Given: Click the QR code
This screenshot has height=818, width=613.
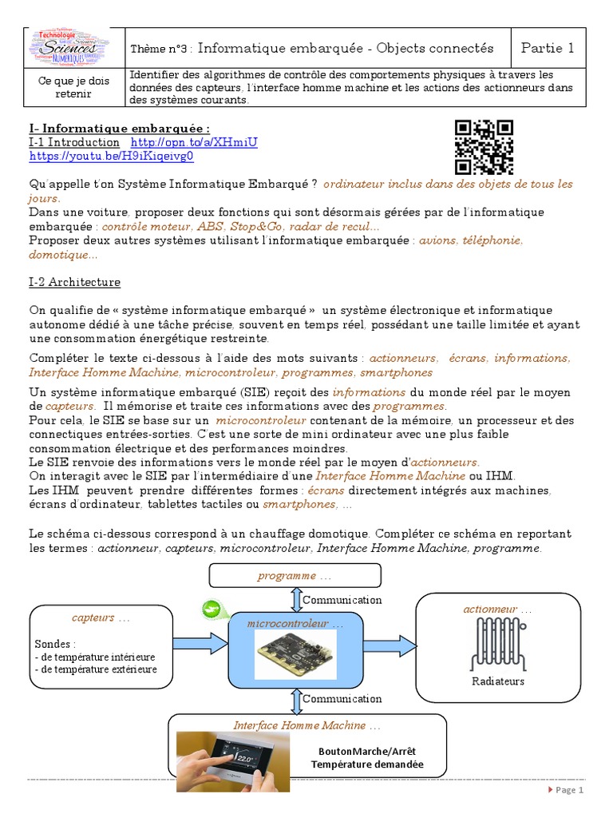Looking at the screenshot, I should click(x=484, y=147).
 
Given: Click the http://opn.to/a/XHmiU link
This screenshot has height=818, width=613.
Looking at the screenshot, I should click(x=194, y=142).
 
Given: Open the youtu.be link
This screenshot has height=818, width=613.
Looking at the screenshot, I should click(x=111, y=157).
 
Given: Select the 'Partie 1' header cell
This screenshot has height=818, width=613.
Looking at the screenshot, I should click(x=547, y=48).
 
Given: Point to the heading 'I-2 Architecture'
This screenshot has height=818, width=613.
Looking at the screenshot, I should click(x=74, y=282).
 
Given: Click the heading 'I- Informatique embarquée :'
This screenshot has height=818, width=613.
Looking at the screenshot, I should click(x=119, y=128).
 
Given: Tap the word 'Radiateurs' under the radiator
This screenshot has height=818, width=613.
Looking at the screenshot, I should click(x=498, y=681).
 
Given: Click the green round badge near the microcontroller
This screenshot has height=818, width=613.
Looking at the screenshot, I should click(x=212, y=609).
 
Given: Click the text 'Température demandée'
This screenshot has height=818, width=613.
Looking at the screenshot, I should click(x=367, y=764).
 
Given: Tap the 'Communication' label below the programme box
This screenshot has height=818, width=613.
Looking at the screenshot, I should click(x=342, y=600).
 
